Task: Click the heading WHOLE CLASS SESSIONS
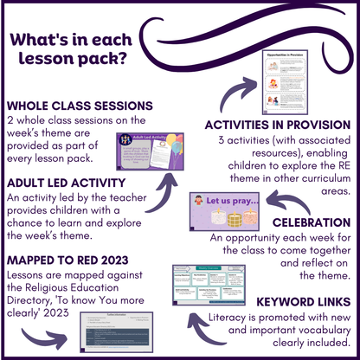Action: click(x=79, y=106)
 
